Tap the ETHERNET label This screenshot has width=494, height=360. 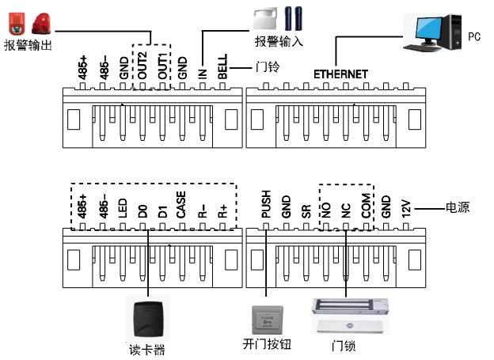(x=340, y=74)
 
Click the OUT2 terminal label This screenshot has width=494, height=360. (x=143, y=63)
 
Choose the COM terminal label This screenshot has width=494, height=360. (x=365, y=207)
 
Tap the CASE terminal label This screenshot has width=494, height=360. (x=181, y=205)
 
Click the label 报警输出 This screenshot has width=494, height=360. (x=28, y=46)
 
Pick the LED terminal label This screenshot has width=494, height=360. (x=122, y=209)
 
